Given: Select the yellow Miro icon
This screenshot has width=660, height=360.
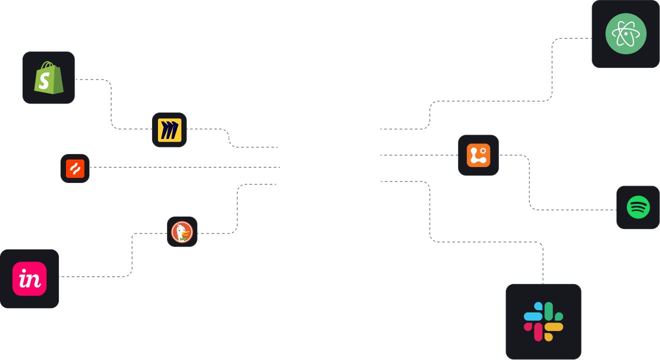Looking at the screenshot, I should [169, 130].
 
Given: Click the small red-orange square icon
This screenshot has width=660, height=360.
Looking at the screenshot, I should [75, 168].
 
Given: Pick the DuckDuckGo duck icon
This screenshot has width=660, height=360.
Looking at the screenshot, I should [182, 232].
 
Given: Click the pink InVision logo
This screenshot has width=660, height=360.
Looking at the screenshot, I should [29, 278].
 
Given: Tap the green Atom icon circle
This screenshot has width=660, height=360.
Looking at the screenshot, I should [625, 34].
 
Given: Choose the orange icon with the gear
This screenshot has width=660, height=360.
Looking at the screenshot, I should [478, 155].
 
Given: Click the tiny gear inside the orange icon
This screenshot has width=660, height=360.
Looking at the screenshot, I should [483, 150].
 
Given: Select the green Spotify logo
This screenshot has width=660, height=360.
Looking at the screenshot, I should [638, 207].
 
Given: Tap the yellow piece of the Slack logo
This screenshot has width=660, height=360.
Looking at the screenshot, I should [553, 328].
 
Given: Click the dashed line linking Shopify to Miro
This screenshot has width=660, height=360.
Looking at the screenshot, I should [111, 105].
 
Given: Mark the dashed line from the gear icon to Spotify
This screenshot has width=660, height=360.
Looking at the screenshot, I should [529, 185].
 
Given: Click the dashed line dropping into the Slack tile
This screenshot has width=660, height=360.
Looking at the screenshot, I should [543, 265].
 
